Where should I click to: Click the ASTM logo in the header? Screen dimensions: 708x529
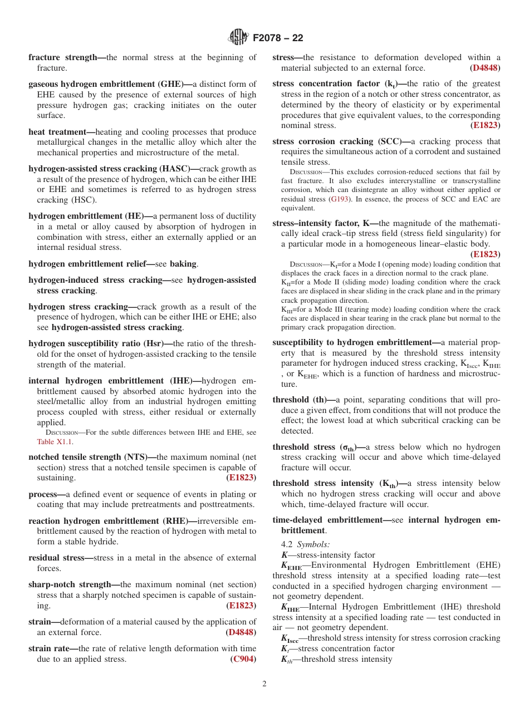pos(238,38)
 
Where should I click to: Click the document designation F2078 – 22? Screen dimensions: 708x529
pos(278,38)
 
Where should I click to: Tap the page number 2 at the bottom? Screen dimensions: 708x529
pos(264,684)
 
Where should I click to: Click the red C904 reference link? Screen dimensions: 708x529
pos(243,659)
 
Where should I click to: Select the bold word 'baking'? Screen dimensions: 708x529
pos(183,264)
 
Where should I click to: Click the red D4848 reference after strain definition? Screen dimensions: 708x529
pos(241,632)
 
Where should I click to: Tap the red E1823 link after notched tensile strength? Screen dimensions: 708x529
pos(241,478)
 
